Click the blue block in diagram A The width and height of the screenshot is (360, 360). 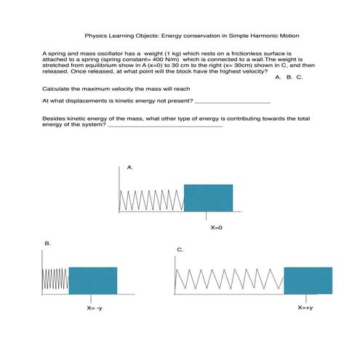(x=208, y=199)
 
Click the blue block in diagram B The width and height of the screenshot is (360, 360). (x=92, y=280)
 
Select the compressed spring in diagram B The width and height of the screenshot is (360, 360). (x=56, y=280)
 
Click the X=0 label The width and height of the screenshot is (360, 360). (x=216, y=228)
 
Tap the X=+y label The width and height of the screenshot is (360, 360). (x=305, y=308)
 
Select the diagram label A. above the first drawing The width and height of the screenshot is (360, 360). (x=130, y=167)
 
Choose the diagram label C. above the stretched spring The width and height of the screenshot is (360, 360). (x=180, y=250)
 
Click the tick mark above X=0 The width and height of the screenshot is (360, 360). (x=208, y=217)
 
